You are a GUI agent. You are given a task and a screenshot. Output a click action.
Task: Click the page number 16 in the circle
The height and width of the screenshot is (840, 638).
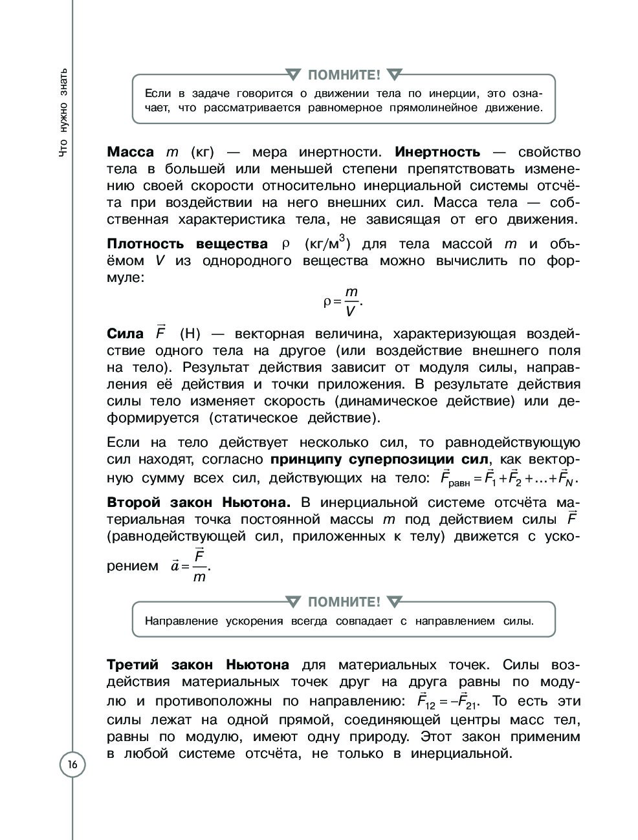tap(72, 766)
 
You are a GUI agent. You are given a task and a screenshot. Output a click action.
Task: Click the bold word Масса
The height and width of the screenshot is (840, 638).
tap(130, 152)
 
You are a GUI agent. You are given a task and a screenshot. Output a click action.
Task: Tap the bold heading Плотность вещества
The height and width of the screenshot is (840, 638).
tap(187, 244)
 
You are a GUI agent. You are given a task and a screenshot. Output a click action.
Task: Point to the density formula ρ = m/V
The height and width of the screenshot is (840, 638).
tap(343, 301)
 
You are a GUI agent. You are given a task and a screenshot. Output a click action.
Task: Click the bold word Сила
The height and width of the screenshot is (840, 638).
tap(125, 334)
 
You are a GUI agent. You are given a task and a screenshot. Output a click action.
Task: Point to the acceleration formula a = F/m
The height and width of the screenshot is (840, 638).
tap(192, 566)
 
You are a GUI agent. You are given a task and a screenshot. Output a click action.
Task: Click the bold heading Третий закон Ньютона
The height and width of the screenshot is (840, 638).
tap(197, 665)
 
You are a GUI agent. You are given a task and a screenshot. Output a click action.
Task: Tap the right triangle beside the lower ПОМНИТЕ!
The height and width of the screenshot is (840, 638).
tap(393, 602)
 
